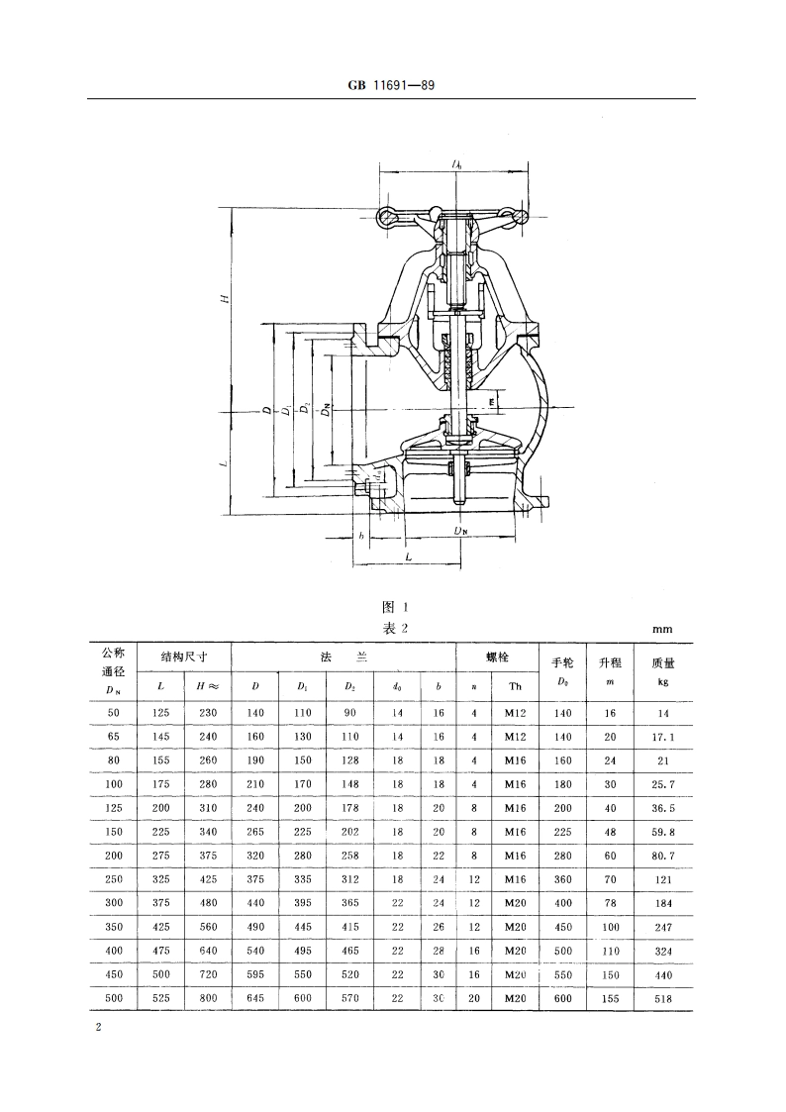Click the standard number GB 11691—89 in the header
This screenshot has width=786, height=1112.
pyautogui.click(x=392, y=86)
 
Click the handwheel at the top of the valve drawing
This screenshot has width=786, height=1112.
pyautogui.click(x=454, y=215)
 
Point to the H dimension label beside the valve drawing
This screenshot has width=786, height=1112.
pyautogui.click(x=226, y=298)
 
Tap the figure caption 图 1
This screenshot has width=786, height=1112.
pyautogui.click(x=394, y=607)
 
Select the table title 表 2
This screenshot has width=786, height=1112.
pyautogui.click(x=394, y=628)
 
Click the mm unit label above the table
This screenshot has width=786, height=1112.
pyautogui.click(x=662, y=629)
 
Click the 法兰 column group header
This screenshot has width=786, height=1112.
pyautogui.click(x=343, y=657)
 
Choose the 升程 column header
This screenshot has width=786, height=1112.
pyautogui.click(x=609, y=662)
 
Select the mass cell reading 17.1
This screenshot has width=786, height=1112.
pyautogui.click(x=662, y=737)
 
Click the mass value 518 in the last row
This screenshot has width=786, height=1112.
pyautogui.click(x=662, y=998)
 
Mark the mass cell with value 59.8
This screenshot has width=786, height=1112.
pyautogui.click(x=662, y=832)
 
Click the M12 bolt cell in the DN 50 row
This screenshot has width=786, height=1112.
pyautogui.click(x=515, y=713)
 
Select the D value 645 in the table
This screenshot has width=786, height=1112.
pyautogui.click(x=255, y=998)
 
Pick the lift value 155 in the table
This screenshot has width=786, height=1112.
pyautogui.click(x=609, y=998)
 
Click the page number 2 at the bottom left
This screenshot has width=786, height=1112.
pyautogui.click(x=97, y=1029)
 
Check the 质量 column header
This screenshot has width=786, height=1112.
pyautogui.click(x=662, y=662)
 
